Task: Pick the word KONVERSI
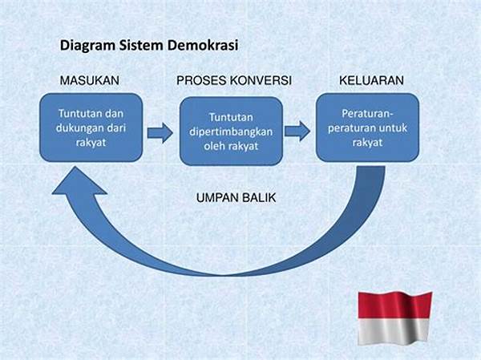pos(262,81)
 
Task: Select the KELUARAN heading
pos(370,81)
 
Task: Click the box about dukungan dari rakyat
pos(90,127)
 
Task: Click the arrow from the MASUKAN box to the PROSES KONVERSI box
pos(160,132)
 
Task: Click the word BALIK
pos(259,196)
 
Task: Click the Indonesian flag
pos(394,316)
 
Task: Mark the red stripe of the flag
pos(394,304)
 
